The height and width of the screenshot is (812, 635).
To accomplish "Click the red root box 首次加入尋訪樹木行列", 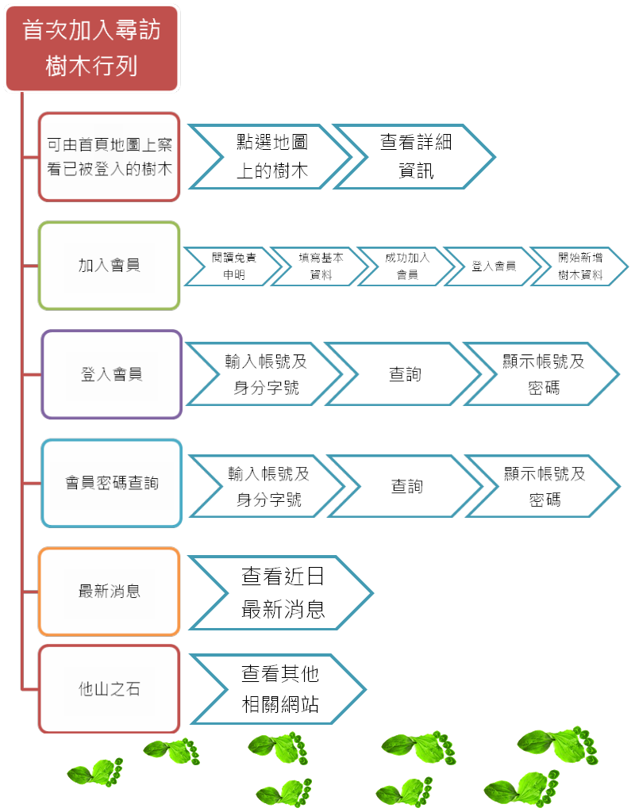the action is click(92, 48).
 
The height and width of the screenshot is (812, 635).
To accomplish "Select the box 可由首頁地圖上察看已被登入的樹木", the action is click(110, 157).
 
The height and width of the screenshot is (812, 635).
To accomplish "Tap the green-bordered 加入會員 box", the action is click(110, 266).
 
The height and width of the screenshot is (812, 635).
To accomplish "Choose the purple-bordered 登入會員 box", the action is click(111, 374).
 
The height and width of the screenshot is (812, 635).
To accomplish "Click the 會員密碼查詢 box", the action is click(111, 483).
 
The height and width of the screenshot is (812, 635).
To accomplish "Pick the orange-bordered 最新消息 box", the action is click(110, 592).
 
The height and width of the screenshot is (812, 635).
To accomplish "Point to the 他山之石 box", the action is click(110, 689).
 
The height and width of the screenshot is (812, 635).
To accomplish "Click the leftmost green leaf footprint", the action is click(95, 772).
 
